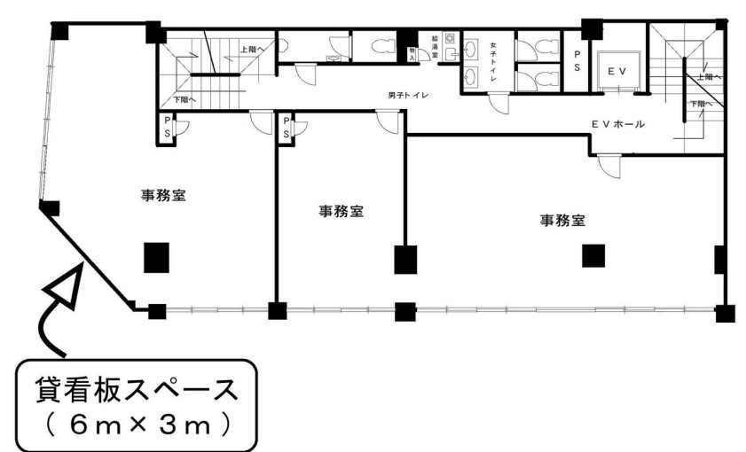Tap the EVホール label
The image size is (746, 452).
(x=618, y=124)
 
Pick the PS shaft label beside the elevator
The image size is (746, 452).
(x=576, y=63)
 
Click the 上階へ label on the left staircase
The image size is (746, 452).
(x=253, y=50)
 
